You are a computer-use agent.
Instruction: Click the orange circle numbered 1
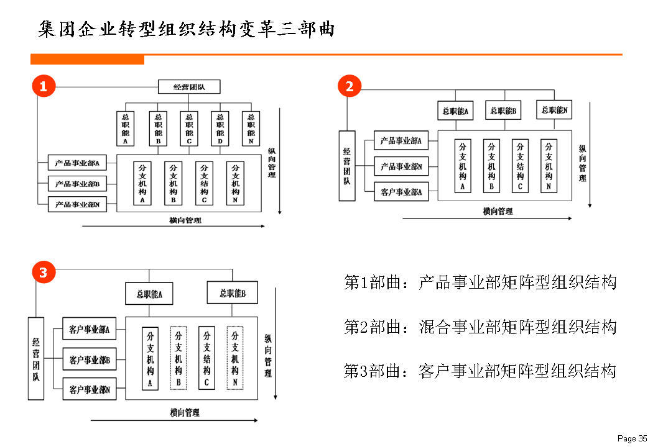tap(44, 87)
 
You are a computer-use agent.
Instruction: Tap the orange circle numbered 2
tap(350, 87)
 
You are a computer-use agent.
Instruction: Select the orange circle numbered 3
tap(44, 272)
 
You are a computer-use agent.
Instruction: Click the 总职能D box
tap(220, 129)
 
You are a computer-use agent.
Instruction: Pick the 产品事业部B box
tap(77, 184)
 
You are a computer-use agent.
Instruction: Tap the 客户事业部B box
tap(90, 359)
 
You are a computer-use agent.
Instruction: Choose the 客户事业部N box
tap(90, 390)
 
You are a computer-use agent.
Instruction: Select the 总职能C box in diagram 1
tap(188, 129)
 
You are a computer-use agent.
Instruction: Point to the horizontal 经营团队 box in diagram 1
tap(189, 88)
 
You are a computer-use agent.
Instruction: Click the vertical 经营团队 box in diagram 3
tap(37, 358)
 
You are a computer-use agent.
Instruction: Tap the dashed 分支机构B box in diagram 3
tap(178, 358)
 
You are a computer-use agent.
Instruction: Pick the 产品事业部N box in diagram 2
tap(401, 166)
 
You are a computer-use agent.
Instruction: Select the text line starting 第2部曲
tap(480, 327)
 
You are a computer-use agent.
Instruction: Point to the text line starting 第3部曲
tap(480, 371)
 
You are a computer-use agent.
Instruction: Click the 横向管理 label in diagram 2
tap(498, 212)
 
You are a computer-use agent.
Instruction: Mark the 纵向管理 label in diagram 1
tap(272, 163)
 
